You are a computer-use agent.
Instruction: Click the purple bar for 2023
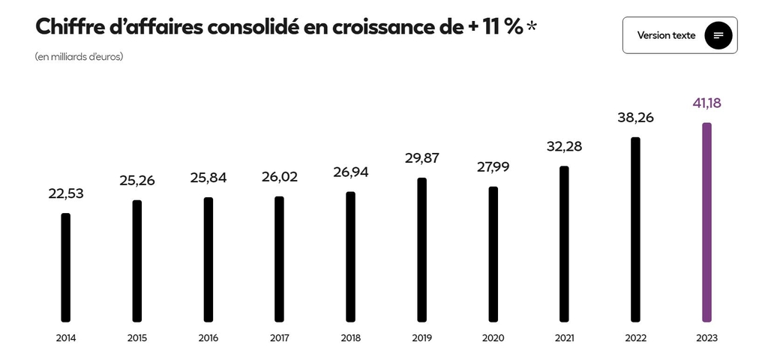coord(706,222)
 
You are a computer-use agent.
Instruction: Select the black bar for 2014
coord(66,267)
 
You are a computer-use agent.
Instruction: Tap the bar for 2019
coord(421,249)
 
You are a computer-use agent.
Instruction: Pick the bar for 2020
coord(493,253)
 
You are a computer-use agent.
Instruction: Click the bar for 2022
coord(635,229)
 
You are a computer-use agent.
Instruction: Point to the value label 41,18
coord(706,103)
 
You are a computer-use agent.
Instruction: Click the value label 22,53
coord(66,193)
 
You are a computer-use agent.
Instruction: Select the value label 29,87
coord(421,157)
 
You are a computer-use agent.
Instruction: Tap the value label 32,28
coord(564,146)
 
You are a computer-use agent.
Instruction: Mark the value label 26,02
coord(279,177)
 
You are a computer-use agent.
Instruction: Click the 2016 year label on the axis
coord(208,338)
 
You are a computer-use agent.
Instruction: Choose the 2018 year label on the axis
coord(350,338)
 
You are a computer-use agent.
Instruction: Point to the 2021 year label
coord(564,338)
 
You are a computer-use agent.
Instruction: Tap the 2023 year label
coord(706,338)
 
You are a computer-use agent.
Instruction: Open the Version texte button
coord(667,35)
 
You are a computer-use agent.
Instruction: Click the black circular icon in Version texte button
coord(718,35)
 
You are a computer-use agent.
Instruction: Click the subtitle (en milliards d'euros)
coord(79,57)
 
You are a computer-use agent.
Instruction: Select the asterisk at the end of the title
coord(532,27)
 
